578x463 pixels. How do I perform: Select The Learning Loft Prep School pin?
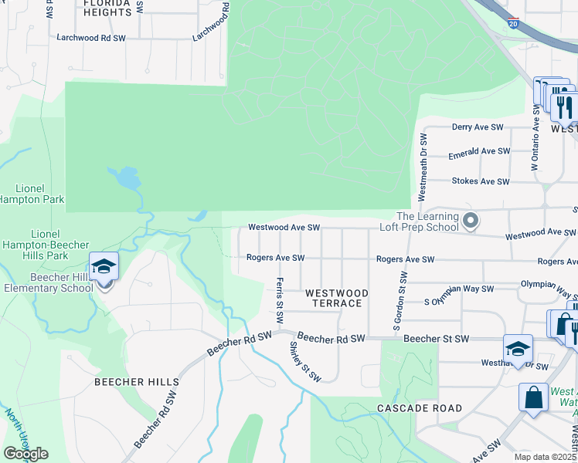click(471, 222)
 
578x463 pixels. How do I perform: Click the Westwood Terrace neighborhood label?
click(335, 298)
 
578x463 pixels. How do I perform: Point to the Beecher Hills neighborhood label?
click(137, 382)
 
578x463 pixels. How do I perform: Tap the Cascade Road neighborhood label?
click(420, 407)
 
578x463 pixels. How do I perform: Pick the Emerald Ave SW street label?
click(480, 152)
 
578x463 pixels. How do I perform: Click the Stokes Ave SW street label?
click(480, 182)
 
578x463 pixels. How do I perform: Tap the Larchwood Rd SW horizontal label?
click(91, 37)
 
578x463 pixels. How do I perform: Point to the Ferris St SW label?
click(280, 300)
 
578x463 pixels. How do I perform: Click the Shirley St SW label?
click(305, 361)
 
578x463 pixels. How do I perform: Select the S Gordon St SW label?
click(401, 303)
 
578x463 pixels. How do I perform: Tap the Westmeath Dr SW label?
click(423, 167)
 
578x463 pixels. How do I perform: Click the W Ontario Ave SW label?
click(534, 143)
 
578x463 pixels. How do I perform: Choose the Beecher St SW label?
click(436, 340)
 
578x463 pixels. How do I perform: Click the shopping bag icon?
click(533, 398)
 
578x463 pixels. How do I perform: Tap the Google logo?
click(25, 454)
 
